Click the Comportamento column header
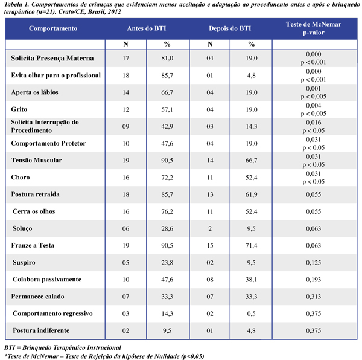coord(53,28)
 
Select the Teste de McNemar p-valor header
coord(314,28)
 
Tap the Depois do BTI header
coord(230,28)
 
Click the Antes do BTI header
coord(147,28)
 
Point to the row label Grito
coord(19,109)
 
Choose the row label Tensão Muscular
coord(36,160)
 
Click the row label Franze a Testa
coord(33,245)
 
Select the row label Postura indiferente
coord(41,330)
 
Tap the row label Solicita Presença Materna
coord(52,58)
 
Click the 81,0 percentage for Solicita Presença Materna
coord(167,58)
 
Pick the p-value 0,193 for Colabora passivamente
coord(314,279)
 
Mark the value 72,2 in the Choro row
coord(167,177)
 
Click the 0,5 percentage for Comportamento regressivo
coord(251,313)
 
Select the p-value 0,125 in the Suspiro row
coord(314,262)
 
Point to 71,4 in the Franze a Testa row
coord(251,245)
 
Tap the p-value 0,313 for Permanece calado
coord(314,296)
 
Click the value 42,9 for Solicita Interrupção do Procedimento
coord(167,126)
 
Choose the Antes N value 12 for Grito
coord(125,109)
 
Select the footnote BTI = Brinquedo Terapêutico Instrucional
coord(63,347)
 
